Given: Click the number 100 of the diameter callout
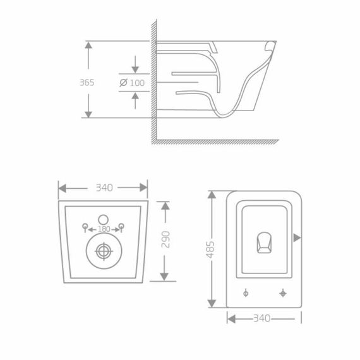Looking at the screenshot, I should [136, 83].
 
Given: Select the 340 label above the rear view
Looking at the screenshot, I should [104, 188].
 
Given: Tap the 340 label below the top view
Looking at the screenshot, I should [260, 318].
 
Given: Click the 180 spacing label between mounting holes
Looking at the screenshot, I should [104, 228].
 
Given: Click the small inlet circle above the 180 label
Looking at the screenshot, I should [104, 219].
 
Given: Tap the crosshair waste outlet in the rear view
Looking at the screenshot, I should [104, 250].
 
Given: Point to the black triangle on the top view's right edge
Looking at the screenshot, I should [297, 237].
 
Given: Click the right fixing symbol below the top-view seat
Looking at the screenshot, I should [282, 292].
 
